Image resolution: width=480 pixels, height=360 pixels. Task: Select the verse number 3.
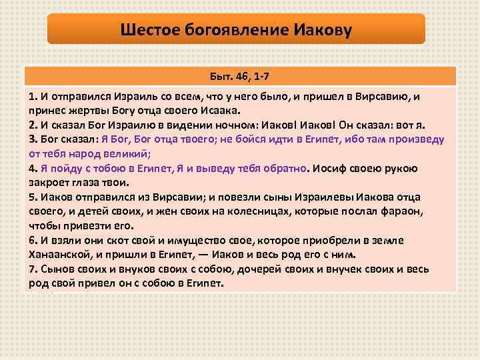pos(32,139)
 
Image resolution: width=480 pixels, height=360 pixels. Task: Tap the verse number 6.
pos(32,240)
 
